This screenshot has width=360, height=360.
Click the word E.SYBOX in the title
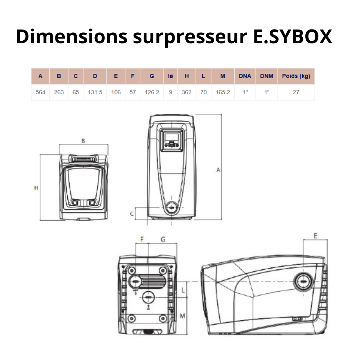[292, 36]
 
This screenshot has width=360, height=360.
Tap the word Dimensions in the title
[72, 36]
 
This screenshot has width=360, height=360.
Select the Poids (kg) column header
[296, 76]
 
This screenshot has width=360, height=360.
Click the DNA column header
[245, 76]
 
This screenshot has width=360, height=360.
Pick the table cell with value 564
[40, 92]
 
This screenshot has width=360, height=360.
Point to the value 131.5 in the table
[95, 92]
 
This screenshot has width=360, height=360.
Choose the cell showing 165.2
[223, 92]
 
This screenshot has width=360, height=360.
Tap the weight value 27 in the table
[296, 92]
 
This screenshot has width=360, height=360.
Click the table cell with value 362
[186, 92]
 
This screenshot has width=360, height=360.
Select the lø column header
[170, 76]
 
